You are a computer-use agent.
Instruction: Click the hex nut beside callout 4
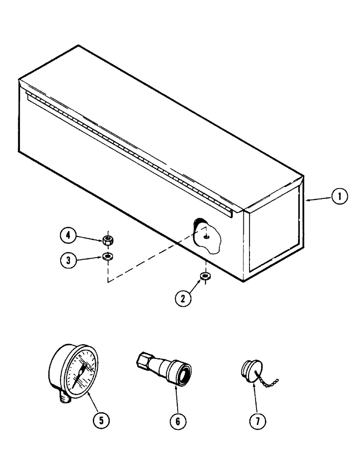click(108, 240)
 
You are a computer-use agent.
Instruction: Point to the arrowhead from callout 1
click(308, 199)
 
